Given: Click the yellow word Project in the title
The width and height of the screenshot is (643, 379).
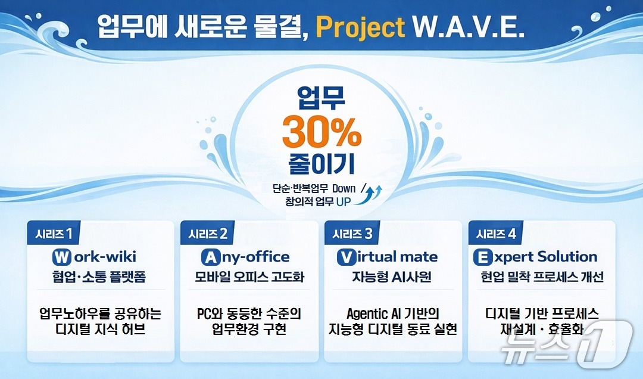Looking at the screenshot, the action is [360, 28].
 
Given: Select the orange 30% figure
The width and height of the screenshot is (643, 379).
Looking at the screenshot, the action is [322, 132].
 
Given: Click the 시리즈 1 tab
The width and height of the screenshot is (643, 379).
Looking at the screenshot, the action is [54, 233].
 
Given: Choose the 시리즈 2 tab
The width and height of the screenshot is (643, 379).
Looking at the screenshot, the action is [208, 233].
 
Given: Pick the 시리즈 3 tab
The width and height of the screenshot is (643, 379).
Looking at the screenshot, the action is [352, 233].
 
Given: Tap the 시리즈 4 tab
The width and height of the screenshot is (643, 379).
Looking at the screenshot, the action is [495, 233].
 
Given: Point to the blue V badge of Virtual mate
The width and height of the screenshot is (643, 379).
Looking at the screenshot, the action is [346, 257].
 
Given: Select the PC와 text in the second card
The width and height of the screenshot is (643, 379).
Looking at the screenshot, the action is [210, 313].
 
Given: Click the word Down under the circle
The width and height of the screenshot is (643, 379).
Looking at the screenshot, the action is [344, 188].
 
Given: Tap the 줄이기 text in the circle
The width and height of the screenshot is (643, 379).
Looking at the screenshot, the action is [321, 163].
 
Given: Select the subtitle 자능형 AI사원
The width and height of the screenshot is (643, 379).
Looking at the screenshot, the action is [392, 277].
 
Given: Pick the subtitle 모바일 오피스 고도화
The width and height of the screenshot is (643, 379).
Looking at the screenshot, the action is [249, 277].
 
